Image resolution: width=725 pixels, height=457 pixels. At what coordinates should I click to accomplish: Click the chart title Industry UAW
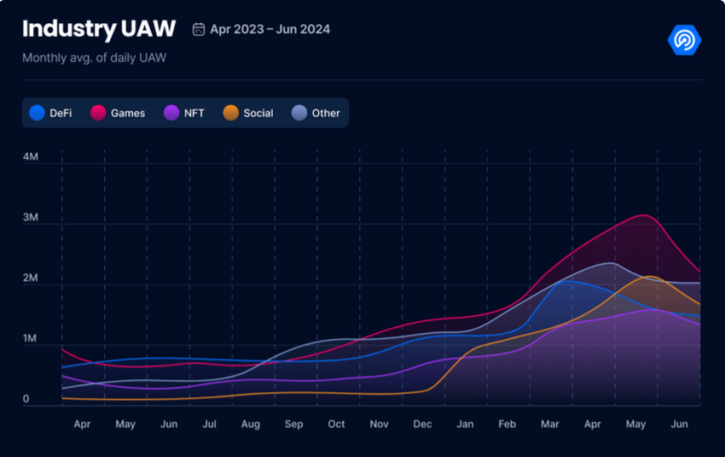tap(99, 29)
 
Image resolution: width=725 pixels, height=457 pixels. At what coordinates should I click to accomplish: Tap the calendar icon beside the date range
tap(199, 30)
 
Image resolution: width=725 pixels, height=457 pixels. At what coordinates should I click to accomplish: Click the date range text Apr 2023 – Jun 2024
tap(270, 30)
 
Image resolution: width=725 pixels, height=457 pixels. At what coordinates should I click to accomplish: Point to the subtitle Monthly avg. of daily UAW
tap(94, 58)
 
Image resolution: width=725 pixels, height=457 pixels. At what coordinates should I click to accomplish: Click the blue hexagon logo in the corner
tap(684, 40)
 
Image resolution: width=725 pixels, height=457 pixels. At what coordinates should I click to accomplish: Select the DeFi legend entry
tap(51, 113)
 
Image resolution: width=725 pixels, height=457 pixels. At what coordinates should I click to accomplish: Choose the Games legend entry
tap(119, 113)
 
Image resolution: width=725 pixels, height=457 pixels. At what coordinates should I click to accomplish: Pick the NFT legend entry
tap(184, 113)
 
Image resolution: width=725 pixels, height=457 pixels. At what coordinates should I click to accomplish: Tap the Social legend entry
tap(248, 113)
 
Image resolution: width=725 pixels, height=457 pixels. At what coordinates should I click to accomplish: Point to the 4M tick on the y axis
tap(31, 157)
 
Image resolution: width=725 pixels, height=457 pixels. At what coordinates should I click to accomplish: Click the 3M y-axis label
tap(31, 218)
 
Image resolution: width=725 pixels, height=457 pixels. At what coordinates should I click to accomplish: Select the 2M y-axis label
tap(31, 278)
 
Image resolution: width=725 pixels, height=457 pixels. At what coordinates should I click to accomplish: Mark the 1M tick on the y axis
tap(31, 339)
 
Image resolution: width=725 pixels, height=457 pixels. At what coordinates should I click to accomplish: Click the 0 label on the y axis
tap(26, 399)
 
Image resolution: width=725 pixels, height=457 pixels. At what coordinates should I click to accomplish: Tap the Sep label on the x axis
tap(294, 425)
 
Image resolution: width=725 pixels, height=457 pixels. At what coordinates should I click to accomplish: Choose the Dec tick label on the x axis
tap(422, 425)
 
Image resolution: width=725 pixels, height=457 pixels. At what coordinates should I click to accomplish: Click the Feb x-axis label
tap(507, 425)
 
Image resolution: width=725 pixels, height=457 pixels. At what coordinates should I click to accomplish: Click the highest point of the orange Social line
tap(652, 277)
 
